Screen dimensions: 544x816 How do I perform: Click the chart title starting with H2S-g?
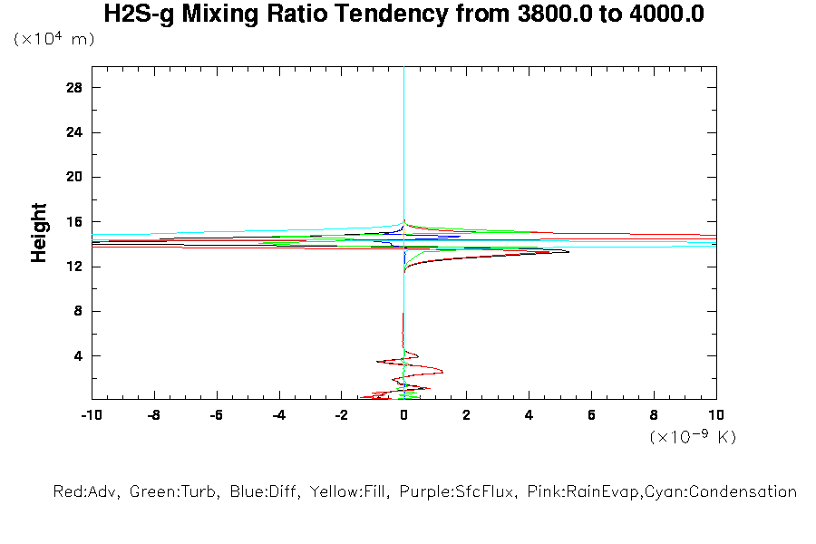pos(403,15)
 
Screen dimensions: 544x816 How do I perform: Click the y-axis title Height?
pos(39,233)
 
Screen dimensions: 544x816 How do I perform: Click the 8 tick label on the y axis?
pos(78,311)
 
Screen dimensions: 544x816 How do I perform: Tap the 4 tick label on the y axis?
pos(78,355)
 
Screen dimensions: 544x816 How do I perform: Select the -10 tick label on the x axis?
pos(91,415)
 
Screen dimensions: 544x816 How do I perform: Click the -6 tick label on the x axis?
pos(216,415)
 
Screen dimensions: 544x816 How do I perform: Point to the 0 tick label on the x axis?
pos(404,415)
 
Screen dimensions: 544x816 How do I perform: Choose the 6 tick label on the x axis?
pos(591,415)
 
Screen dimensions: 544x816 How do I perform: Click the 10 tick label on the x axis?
pos(715,415)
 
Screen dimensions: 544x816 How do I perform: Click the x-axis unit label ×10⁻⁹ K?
pos(693,437)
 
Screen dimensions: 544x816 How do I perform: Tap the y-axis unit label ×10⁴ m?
pos(53,40)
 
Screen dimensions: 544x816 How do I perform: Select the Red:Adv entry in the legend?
pos(87,492)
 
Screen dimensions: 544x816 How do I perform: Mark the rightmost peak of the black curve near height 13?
pos(568,251)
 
